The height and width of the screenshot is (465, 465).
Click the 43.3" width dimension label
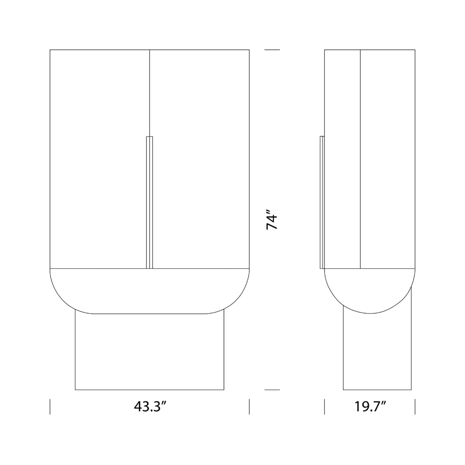tap(149, 407)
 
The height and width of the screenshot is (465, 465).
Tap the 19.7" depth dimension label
tap(370, 407)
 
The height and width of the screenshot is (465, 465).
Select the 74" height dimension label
tap(272, 220)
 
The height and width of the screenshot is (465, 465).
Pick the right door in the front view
tap(200, 159)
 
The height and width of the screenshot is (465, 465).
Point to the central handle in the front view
tap(149, 202)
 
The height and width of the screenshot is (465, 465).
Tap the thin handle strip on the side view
tap(322, 202)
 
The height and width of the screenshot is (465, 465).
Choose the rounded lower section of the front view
tap(149, 291)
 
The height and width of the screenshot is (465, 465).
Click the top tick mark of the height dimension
tap(272, 49)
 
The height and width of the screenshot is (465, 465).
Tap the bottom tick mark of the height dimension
tap(272, 390)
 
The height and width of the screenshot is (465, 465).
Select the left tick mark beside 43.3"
tap(50, 407)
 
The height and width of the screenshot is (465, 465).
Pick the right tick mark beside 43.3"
tap(249, 407)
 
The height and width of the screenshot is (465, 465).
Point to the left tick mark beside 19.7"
tap(325, 407)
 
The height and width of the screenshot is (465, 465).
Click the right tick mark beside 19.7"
tap(415, 407)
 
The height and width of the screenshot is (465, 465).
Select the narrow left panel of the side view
tap(342, 159)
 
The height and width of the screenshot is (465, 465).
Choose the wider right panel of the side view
tap(387, 159)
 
